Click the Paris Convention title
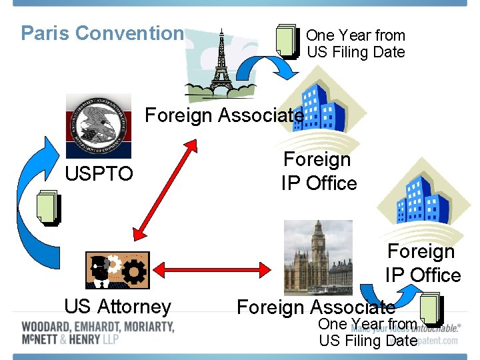(x=101, y=33)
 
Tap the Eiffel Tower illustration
(x=220, y=64)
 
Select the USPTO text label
(x=99, y=174)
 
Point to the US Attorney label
(x=117, y=307)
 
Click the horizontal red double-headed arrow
(x=211, y=269)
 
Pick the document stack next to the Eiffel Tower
(x=287, y=41)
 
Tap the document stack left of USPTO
(x=49, y=208)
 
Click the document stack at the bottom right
(x=430, y=309)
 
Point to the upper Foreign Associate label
(x=224, y=115)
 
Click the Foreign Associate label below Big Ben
(x=316, y=307)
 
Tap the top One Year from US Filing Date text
(x=355, y=43)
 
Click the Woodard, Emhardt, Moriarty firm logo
(x=97, y=333)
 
